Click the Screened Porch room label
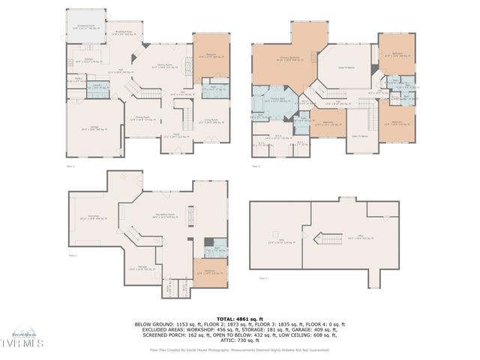86,26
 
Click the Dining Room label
145,119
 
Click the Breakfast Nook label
122,34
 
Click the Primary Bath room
275,99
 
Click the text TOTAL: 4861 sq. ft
239,319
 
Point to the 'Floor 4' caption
262,278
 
